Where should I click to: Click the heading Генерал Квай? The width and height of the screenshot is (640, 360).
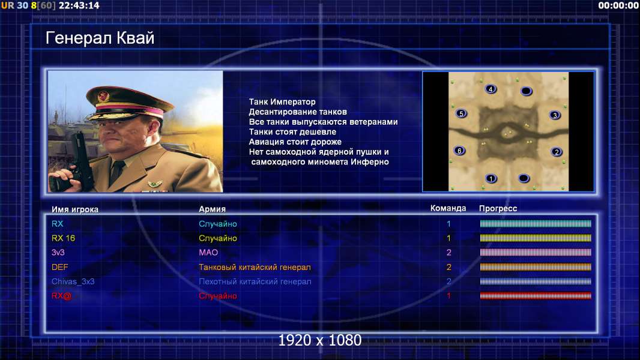click(100, 38)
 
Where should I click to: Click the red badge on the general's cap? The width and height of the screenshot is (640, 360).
click(103, 97)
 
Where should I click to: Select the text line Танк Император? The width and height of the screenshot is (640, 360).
click(282, 102)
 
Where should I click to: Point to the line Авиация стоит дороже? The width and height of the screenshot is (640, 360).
click(295, 142)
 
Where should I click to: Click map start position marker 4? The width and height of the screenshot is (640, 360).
click(491, 89)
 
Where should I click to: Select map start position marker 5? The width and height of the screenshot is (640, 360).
click(461, 113)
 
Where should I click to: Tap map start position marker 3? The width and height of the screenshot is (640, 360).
click(555, 115)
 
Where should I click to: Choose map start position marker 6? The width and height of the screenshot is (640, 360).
click(460, 151)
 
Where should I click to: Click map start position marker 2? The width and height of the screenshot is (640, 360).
click(557, 152)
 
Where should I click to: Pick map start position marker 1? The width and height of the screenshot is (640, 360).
click(491, 178)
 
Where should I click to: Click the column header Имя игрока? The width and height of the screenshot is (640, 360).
click(74, 209)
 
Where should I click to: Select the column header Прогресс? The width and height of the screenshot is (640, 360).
click(498, 208)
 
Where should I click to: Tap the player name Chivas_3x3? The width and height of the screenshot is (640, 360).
click(73, 282)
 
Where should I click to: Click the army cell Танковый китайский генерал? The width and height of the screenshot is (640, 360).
click(255, 268)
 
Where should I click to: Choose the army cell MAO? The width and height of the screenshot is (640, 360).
click(208, 253)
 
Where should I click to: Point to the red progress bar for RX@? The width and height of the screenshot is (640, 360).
click(536, 296)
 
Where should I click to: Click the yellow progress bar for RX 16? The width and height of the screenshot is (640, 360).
click(536, 238)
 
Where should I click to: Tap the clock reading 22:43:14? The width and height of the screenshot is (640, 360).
click(79, 6)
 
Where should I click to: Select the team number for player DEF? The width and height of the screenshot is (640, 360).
click(448, 268)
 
